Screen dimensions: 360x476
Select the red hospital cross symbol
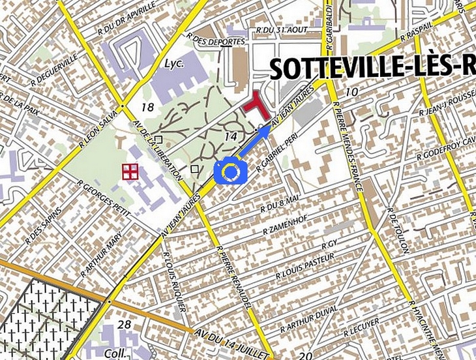click(130, 172)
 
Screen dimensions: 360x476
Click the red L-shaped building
click(256, 106)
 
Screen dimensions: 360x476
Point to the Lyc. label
click(174, 64)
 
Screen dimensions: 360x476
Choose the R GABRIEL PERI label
click(277, 153)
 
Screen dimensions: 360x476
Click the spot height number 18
click(147, 106)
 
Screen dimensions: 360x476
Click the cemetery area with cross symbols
click(39, 320)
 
